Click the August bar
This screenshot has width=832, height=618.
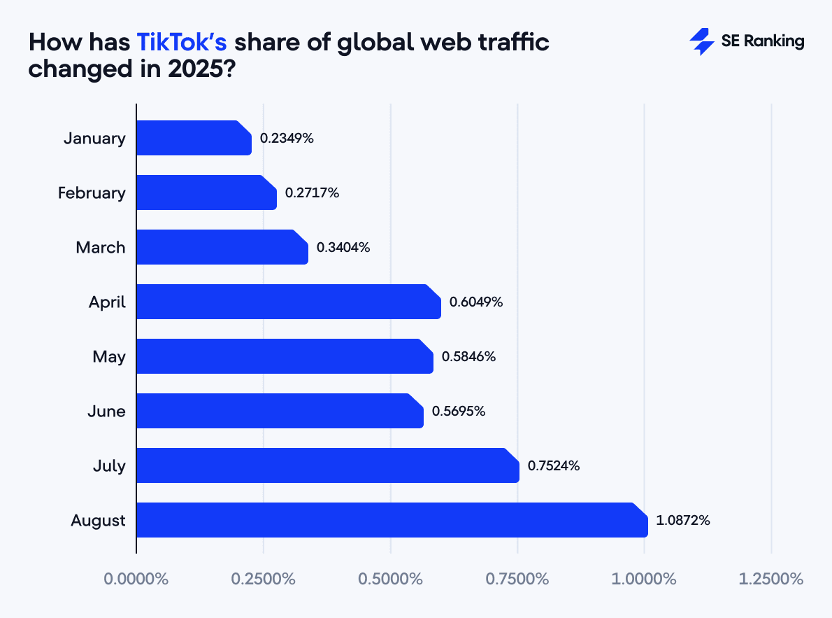pyautogui.click(x=392, y=520)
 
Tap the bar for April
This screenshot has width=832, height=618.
pyautogui.click(x=288, y=302)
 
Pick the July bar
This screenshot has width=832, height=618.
pyautogui.click(x=327, y=465)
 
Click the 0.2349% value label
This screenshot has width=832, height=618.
pyautogui.click(x=287, y=138)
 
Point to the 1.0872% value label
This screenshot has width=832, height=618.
pyautogui.click(x=683, y=520)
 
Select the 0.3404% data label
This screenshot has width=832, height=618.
pyautogui.click(x=343, y=247)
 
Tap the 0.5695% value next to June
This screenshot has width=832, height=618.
pyautogui.click(x=459, y=411)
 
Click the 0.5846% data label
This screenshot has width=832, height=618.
pyautogui.click(x=469, y=356)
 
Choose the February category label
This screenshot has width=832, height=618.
pyautogui.click(x=92, y=192)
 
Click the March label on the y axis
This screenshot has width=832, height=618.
pyautogui.click(x=101, y=247)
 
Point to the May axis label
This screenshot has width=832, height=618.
pyautogui.click(x=109, y=356)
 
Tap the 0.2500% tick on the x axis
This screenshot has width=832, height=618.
pyautogui.click(x=264, y=580)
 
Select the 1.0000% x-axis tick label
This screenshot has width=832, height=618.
pyautogui.click(x=645, y=580)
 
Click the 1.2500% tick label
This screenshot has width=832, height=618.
pyautogui.click(x=771, y=580)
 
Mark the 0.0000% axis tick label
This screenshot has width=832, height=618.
pyautogui.click(x=136, y=580)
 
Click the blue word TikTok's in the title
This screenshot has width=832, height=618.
pyautogui.click(x=181, y=42)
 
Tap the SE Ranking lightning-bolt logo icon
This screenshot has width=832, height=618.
pyautogui.click(x=701, y=41)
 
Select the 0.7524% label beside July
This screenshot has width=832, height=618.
pyautogui.click(x=554, y=465)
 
